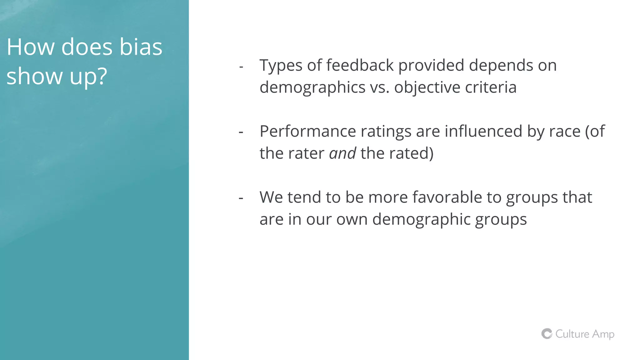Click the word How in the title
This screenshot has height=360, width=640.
click(30, 47)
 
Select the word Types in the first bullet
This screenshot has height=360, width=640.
click(281, 66)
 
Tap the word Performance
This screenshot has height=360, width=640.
click(307, 131)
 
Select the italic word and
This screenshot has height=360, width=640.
click(342, 153)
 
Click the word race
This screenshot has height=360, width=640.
click(565, 131)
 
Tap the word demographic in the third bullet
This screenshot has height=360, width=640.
click(421, 220)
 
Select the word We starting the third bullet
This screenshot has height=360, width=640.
click(271, 197)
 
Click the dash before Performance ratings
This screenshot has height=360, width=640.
click(241, 132)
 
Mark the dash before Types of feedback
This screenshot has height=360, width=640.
click(241, 67)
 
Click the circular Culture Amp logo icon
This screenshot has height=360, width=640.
click(547, 334)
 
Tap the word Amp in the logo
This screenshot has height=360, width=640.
click(603, 334)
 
